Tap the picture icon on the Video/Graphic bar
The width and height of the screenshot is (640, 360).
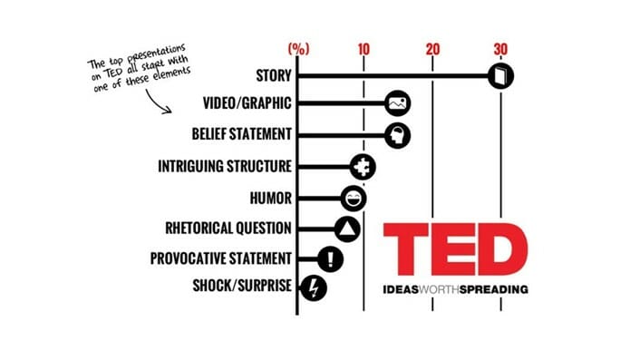397,104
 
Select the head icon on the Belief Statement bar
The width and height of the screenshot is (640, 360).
397,135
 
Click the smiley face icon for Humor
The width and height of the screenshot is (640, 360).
354,198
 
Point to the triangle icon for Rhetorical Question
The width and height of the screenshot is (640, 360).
347,229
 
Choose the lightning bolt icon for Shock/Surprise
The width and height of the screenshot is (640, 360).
312,289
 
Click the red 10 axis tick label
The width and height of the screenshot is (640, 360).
364,49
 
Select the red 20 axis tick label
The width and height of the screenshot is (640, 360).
432,49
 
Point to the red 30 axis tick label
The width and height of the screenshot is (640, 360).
501,49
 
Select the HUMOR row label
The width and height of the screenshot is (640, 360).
269,197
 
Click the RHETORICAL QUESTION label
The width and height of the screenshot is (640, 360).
228,228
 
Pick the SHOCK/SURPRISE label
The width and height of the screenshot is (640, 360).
242,287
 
